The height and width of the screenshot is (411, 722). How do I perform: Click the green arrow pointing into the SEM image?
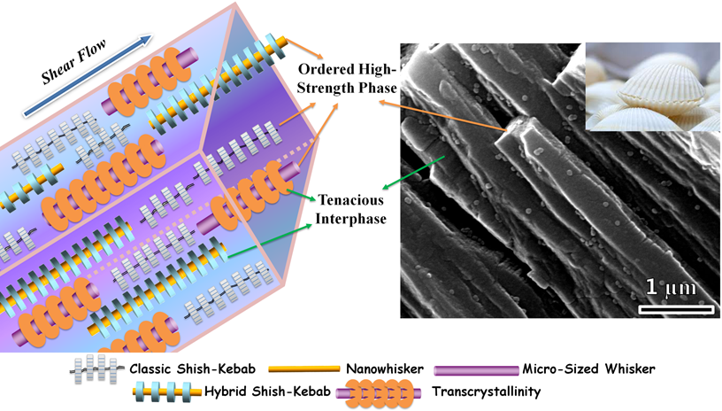tap(415, 173)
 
